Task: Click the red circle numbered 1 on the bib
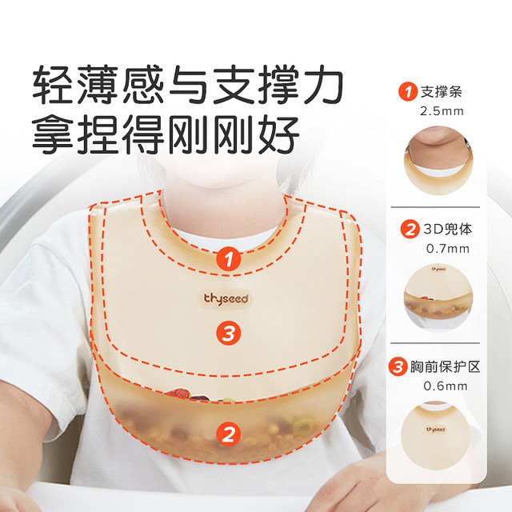(x=230, y=258)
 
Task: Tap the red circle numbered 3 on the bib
(x=229, y=334)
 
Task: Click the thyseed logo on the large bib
(x=225, y=298)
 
